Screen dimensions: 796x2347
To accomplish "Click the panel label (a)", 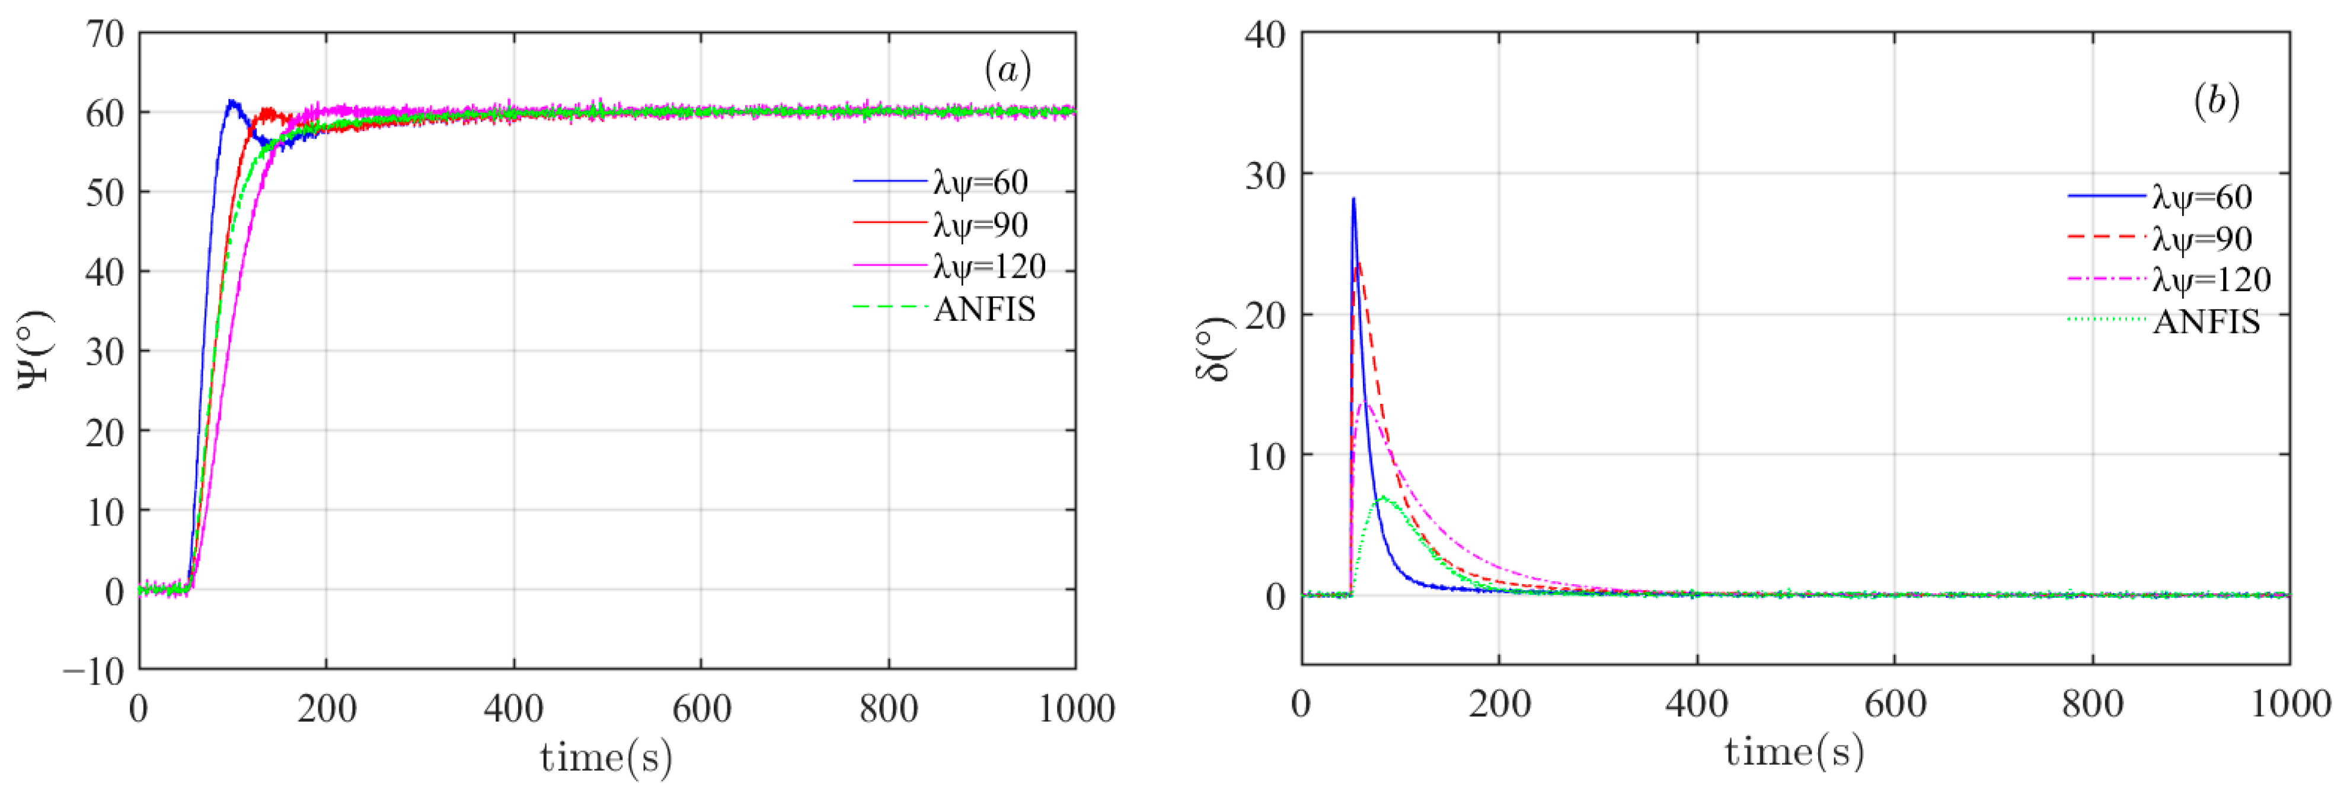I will (1007, 70).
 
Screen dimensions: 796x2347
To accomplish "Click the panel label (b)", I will (2216, 101).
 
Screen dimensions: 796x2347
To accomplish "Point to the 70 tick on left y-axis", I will (105, 34).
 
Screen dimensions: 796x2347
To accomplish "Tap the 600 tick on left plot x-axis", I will (701, 708).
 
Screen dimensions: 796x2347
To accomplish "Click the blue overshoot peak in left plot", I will (231, 101).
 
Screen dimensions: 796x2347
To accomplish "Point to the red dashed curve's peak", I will (1359, 265).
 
